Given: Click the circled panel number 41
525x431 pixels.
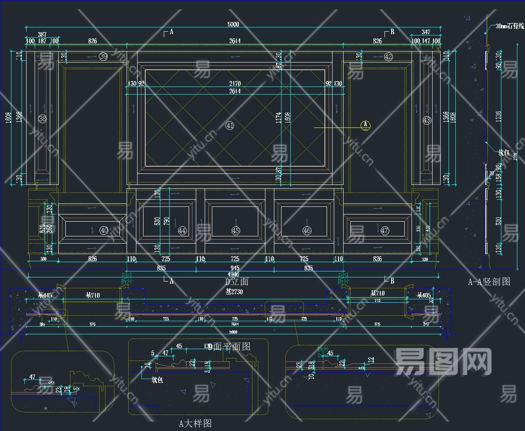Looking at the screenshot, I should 230,125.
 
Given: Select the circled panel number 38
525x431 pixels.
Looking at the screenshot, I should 42,119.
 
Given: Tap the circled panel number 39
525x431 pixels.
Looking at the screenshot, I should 103,56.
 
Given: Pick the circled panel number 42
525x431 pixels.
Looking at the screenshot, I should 388,57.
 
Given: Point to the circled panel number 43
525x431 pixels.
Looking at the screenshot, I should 427,120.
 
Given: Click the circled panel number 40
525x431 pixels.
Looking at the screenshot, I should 104,230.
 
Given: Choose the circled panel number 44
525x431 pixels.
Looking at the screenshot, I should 182,230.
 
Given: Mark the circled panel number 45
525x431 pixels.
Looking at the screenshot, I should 235,230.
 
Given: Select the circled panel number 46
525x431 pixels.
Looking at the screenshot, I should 307,230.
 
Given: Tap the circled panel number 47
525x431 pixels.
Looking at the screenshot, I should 384,230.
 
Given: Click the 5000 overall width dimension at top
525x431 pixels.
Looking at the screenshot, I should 233,24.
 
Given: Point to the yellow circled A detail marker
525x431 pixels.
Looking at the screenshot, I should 365,125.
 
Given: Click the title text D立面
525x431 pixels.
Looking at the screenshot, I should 236,282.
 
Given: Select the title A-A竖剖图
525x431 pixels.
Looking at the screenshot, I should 489,282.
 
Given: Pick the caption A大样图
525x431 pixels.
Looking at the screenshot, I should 195,423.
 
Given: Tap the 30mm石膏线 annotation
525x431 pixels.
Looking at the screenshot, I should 509,26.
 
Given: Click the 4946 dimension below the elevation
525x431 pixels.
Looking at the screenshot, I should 233,274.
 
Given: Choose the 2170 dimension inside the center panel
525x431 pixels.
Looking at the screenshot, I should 235,84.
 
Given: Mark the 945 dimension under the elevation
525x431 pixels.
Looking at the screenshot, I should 235,268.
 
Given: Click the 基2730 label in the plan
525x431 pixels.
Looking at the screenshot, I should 234,292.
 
